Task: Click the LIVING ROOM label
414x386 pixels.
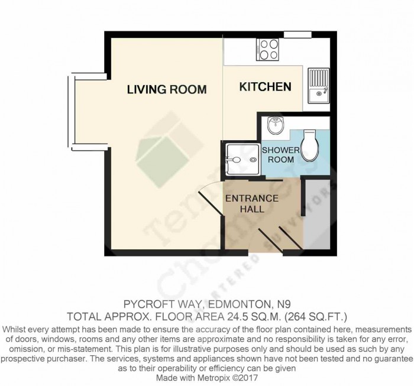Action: pos(167,90)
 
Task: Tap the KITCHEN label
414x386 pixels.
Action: pos(265,87)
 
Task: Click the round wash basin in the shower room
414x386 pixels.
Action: pos(276,125)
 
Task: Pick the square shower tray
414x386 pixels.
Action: pos(240,159)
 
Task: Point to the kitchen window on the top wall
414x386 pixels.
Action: pos(297,34)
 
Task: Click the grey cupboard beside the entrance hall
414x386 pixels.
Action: pos(315,213)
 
